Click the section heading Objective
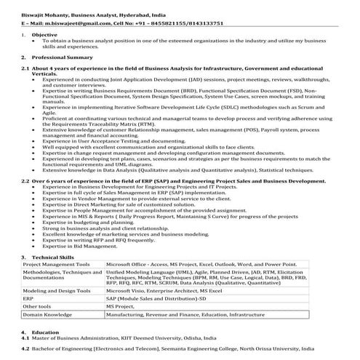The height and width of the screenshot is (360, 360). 45,35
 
